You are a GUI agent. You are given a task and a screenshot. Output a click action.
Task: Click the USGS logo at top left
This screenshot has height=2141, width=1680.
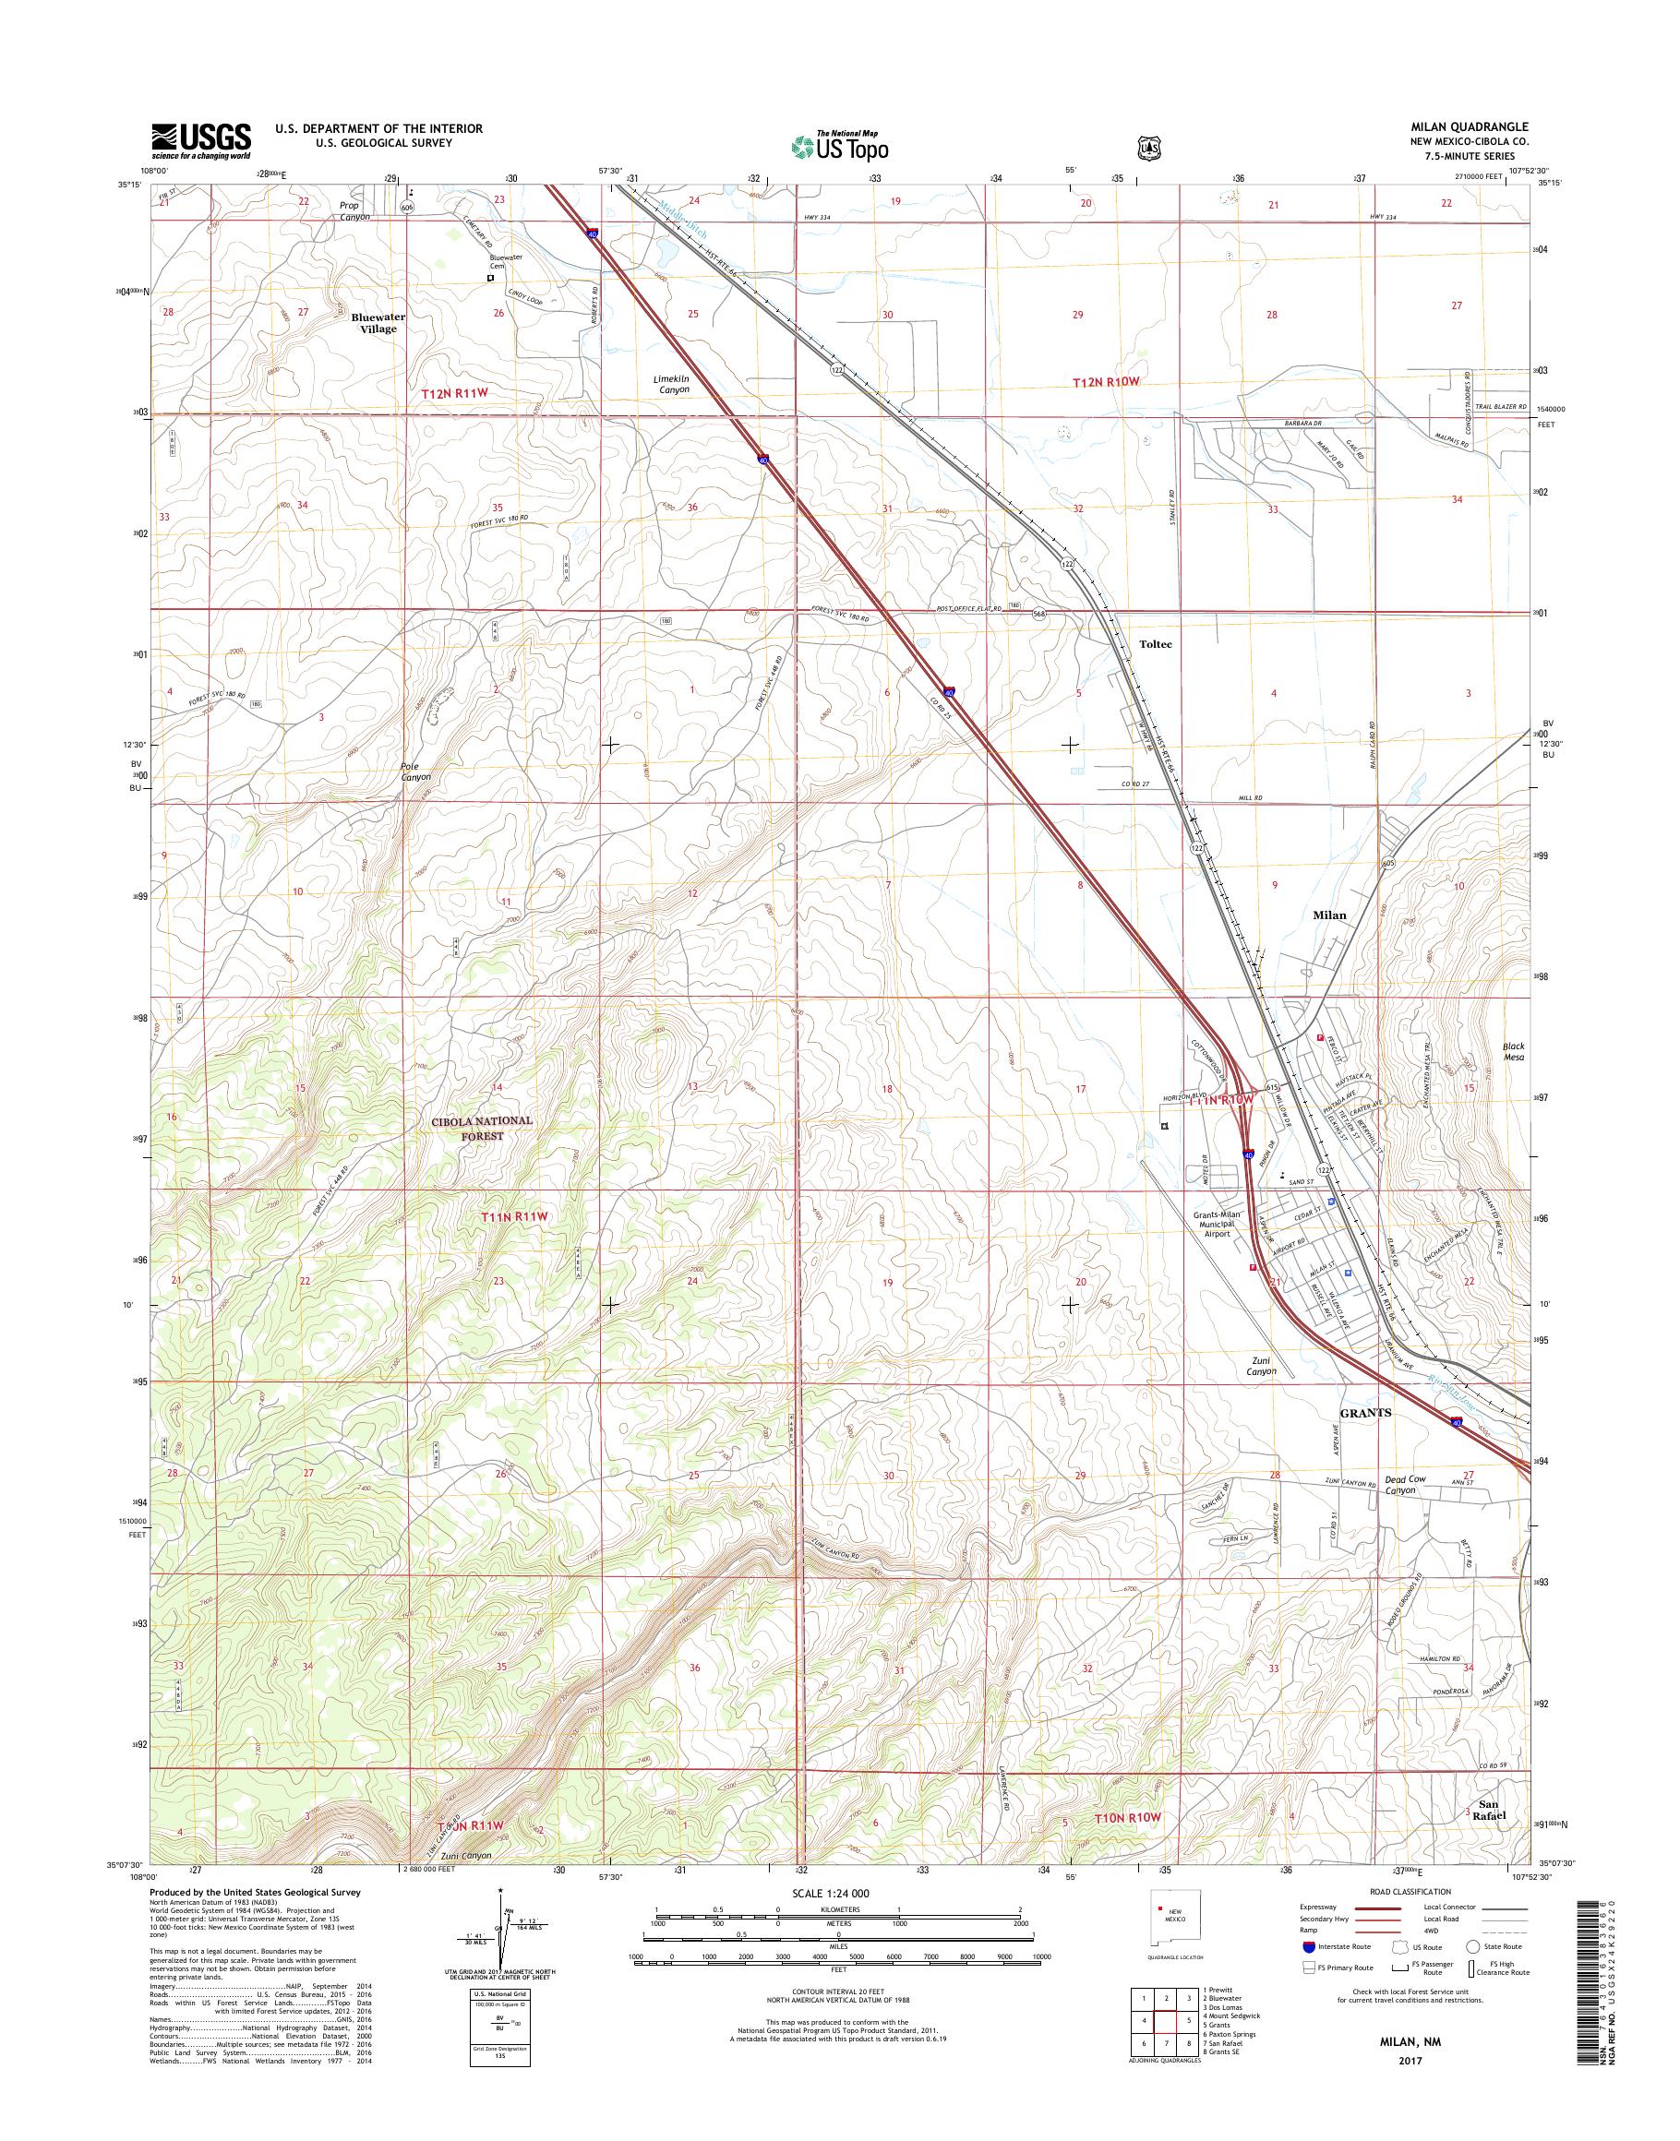click(200, 141)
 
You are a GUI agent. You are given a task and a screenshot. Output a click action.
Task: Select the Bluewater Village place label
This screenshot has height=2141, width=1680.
click(378, 324)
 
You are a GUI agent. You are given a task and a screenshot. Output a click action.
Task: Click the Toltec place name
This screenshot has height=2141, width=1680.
click(1155, 644)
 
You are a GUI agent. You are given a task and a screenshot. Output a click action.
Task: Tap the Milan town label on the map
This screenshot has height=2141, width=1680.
click(1329, 915)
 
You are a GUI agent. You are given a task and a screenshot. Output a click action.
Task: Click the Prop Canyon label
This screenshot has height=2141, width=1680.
click(349, 211)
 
